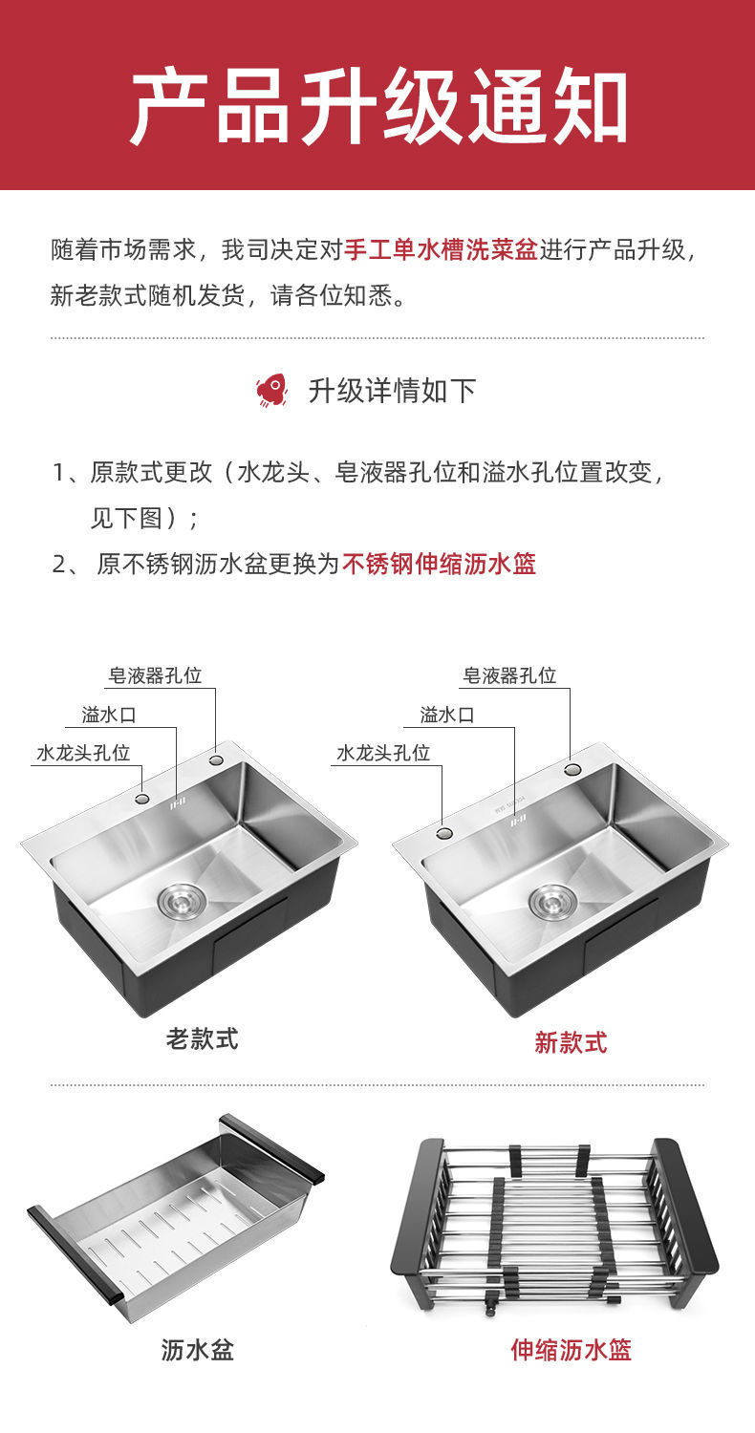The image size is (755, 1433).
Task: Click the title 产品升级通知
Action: click(377, 106)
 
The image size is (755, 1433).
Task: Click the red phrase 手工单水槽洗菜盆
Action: click(441, 250)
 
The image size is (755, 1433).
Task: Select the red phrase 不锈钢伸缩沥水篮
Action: click(439, 564)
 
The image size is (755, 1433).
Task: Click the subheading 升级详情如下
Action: click(392, 391)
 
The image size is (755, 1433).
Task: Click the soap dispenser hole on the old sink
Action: click(216, 760)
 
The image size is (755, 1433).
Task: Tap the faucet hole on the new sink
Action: click(443, 833)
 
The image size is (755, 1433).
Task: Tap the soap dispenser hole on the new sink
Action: click(572, 769)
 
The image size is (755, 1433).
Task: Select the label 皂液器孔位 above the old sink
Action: click(155, 676)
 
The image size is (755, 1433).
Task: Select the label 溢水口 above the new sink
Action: click(446, 715)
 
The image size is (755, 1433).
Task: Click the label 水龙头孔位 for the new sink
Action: click(382, 753)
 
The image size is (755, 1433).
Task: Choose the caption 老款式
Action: click(202, 1038)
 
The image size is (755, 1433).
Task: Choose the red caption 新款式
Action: click(571, 1042)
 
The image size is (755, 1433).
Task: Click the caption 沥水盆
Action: click(198, 1350)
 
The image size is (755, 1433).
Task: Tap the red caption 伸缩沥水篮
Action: click(571, 1350)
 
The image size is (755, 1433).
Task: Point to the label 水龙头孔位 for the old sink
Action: click(83, 753)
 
